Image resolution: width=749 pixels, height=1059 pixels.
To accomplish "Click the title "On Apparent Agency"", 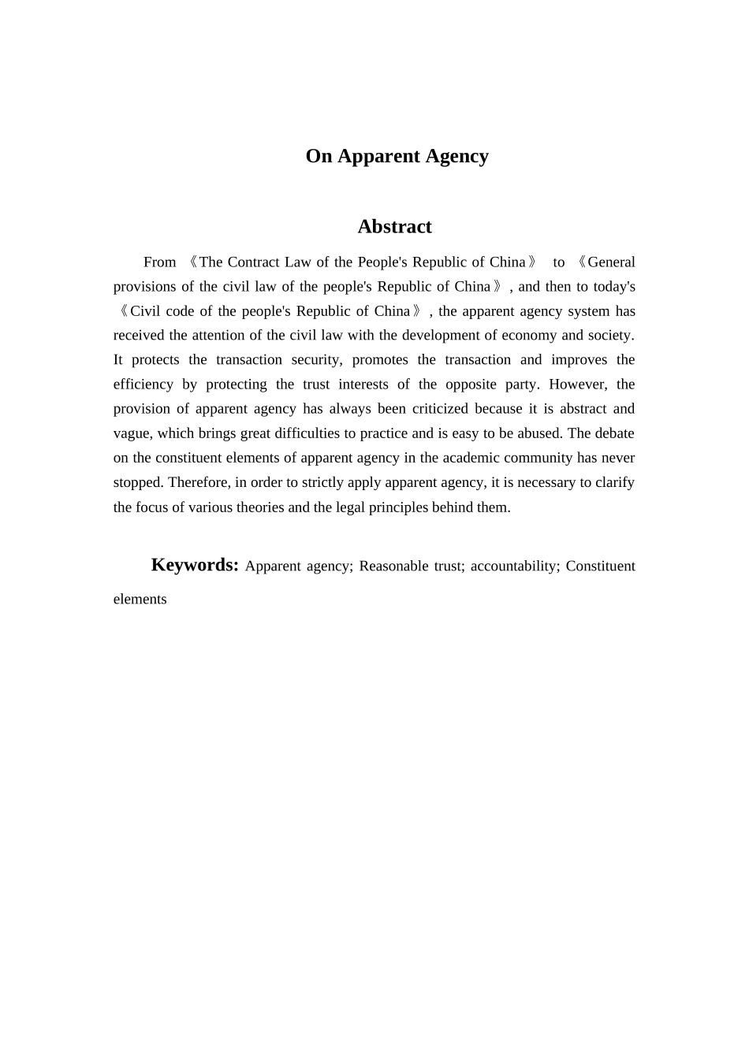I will pyautogui.click(x=397, y=156).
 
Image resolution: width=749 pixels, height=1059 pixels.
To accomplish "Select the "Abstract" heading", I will pyautogui.click(x=394, y=227).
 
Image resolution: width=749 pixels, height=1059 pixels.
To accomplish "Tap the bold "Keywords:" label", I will pyautogui.click(x=195, y=565).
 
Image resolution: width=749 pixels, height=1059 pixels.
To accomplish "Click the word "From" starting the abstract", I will pyautogui.click(x=159, y=262).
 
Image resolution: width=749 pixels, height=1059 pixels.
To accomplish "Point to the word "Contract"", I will pyautogui.click(x=253, y=262).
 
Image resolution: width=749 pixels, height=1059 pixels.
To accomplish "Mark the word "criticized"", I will pyautogui.click(x=440, y=409).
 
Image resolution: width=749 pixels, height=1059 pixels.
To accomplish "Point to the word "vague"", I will pyautogui.click(x=131, y=433).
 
